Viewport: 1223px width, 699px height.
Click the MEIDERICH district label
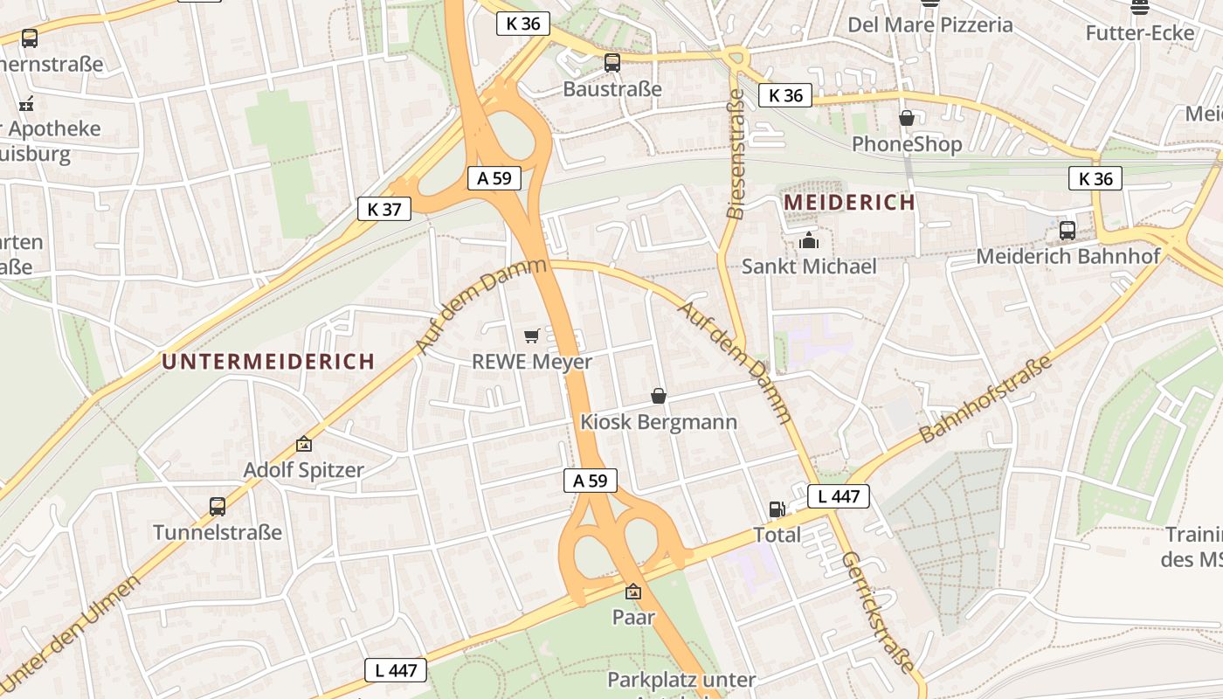click(x=849, y=203)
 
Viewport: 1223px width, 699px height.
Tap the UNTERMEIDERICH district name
click(x=268, y=361)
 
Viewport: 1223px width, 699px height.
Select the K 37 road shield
click(x=384, y=209)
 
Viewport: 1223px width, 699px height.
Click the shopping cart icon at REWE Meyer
click(x=531, y=336)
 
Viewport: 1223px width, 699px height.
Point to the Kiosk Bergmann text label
click(x=659, y=422)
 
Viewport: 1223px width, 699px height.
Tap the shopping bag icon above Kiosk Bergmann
click(x=659, y=397)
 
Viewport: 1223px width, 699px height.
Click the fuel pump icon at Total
click(x=776, y=509)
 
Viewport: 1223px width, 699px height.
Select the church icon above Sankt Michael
click(x=809, y=240)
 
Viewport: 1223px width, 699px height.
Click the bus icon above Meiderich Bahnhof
click(x=1068, y=231)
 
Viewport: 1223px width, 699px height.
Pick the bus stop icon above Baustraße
click(x=612, y=63)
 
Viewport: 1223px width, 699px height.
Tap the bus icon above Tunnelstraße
click(x=218, y=506)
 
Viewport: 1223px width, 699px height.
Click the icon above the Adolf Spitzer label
click(x=303, y=444)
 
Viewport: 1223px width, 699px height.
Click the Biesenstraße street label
click(x=736, y=153)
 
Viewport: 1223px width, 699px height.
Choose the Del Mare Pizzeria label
click(x=930, y=24)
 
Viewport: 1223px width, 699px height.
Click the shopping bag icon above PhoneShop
click(x=907, y=118)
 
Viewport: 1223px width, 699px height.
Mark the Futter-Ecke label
click(x=1140, y=33)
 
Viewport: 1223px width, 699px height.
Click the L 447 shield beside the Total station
click(x=839, y=496)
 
